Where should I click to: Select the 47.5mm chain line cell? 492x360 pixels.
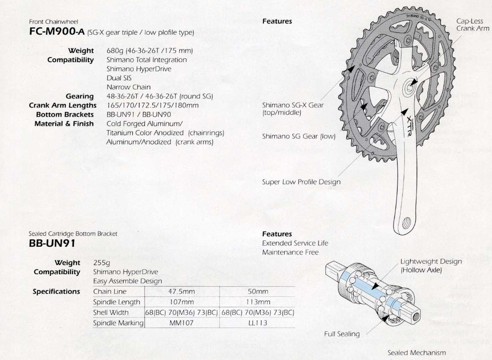[x=181, y=291]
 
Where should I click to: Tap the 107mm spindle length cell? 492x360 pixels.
[x=181, y=301]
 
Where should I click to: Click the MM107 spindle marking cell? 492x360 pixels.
[x=181, y=322]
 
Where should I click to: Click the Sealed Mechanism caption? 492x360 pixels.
[x=417, y=352]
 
